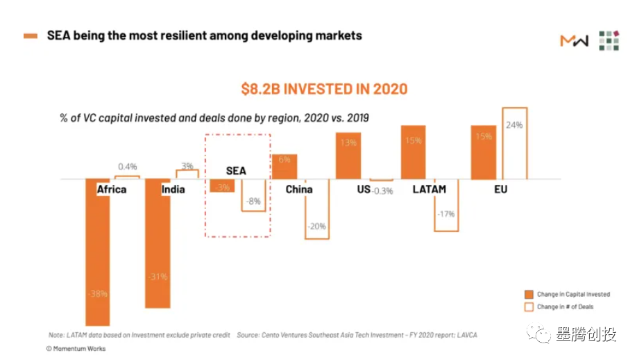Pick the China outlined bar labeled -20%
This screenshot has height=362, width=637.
coord(317,212)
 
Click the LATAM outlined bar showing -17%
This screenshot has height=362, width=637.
coord(446,208)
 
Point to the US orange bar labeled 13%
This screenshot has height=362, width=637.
coord(348,155)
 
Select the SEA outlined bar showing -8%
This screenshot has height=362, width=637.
coord(253,195)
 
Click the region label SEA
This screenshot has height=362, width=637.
coord(236,170)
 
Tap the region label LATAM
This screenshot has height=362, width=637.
coord(429,189)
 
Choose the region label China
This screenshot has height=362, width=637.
coord(299,189)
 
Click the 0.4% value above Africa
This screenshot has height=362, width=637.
coord(128,167)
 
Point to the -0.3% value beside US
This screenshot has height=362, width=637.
coord(382,190)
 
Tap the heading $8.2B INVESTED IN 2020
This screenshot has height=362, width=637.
coord(324,89)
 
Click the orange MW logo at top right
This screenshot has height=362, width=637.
coord(574,40)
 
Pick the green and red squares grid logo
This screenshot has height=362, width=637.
coord(609,40)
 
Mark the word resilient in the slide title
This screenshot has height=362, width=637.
coord(183,35)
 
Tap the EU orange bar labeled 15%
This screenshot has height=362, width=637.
coord(484,152)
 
